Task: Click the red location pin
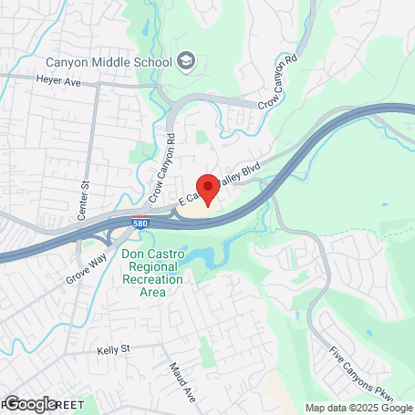click(x=207, y=188)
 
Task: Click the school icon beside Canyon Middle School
click(x=187, y=62)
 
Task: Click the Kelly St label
click(x=114, y=348)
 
